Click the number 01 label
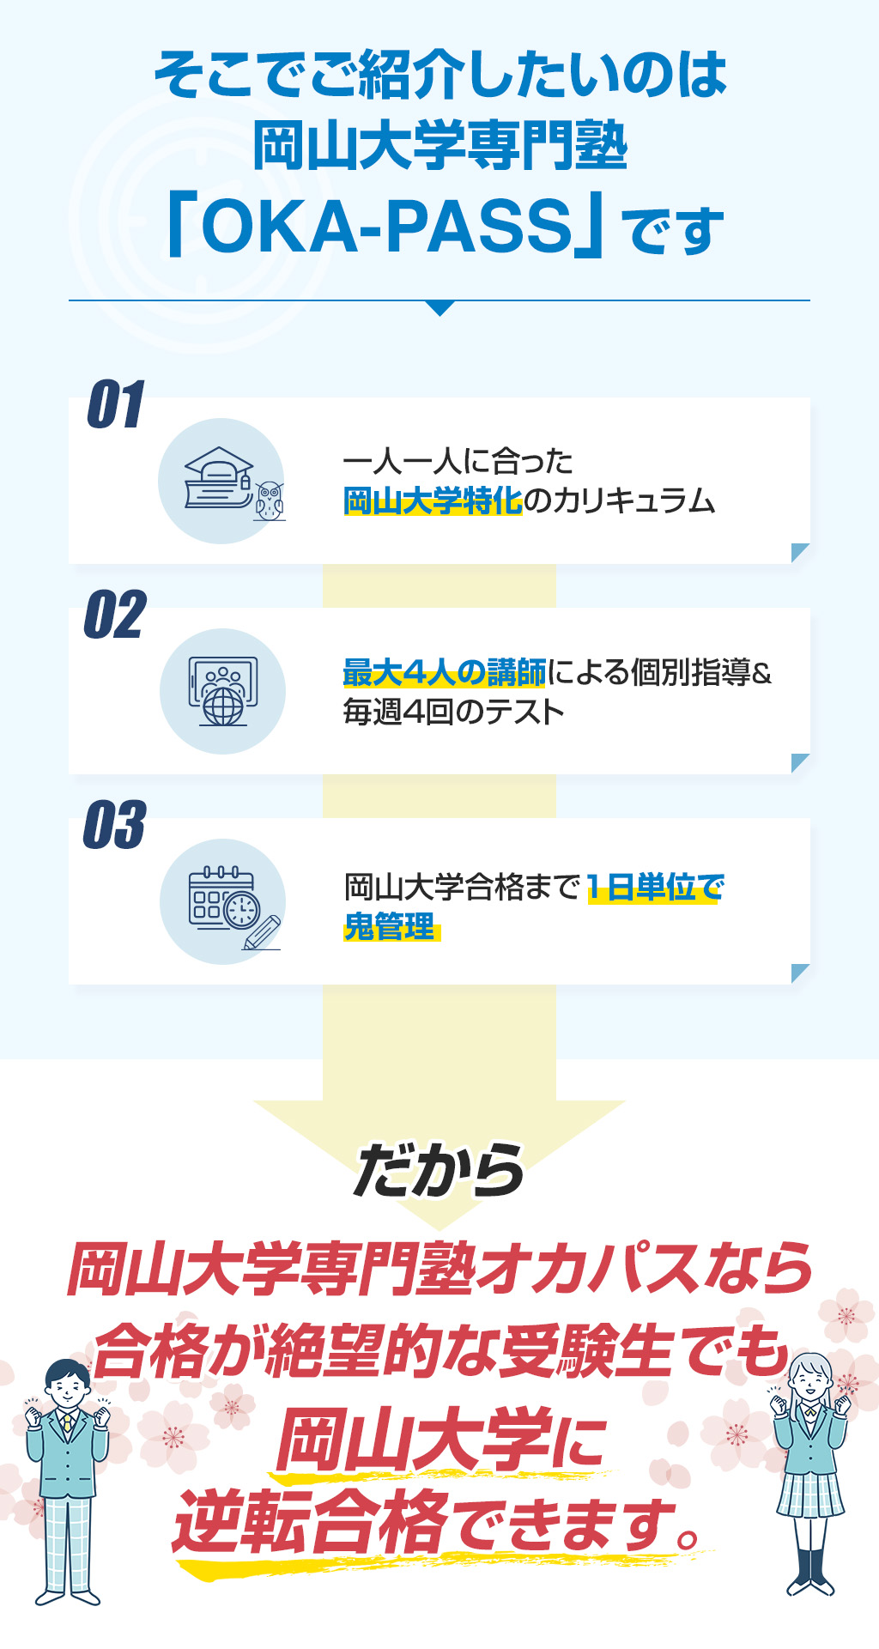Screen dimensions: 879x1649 click(116, 404)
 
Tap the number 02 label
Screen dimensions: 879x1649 click(115, 615)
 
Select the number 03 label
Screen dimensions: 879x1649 click(115, 825)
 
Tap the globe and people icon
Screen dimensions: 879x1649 click(223, 692)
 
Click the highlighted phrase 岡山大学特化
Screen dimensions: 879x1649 click(433, 501)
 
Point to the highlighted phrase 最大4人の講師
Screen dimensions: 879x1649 click(445, 673)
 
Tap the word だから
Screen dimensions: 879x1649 click(439, 1171)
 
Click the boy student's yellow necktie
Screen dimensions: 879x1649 click(68, 1425)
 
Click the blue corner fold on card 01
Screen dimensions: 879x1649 click(800, 553)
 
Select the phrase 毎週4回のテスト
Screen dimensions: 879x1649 click(453, 712)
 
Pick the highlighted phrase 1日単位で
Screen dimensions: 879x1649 click(656, 888)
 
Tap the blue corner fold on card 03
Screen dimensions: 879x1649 click(800, 973)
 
